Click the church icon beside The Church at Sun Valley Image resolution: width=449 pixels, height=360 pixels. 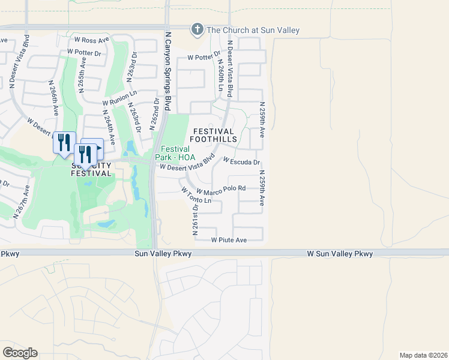point(197,29)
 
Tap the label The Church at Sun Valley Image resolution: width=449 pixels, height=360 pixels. point(253,30)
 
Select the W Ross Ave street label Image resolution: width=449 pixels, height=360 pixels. point(91,40)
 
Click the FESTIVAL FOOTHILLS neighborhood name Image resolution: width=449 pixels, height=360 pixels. point(214,135)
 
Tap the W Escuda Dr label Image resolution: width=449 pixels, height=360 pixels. point(241,162)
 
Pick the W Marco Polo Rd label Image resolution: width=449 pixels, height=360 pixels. point(221,188)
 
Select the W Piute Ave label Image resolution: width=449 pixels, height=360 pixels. point(229,240)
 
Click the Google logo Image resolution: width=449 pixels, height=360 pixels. point(20,352)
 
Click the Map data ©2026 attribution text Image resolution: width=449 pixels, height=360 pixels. point(423,355)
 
